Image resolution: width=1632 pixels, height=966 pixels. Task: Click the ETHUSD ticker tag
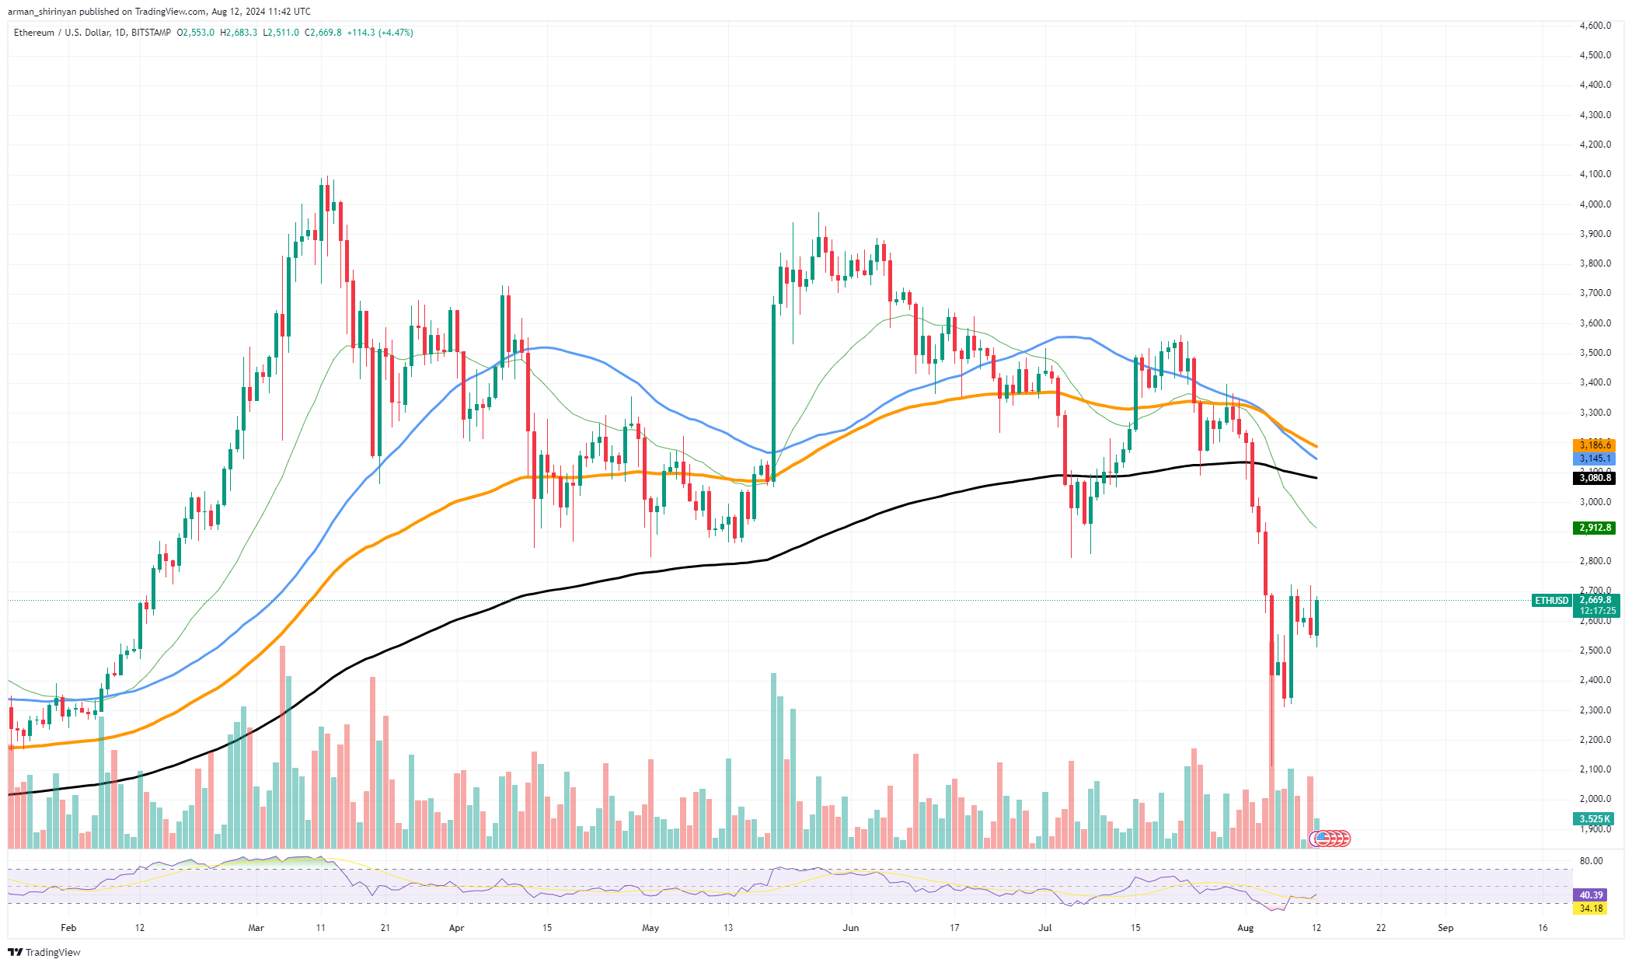tap(1552, 600)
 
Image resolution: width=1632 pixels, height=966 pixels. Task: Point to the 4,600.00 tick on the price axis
tap(1595, 26)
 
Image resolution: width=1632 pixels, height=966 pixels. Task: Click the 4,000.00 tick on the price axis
tap(1595, 204)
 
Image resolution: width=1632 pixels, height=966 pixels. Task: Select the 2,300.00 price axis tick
tap(1595, 710)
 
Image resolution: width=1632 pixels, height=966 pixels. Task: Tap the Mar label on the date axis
tap(256, 927)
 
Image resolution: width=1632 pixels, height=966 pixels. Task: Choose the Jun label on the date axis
tap(851, 927)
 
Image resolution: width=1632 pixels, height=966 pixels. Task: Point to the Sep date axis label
tap(1445, 927)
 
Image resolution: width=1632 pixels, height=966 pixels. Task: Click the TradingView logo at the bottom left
tap(45, 952)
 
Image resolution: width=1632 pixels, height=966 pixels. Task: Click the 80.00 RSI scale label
tap(1591, 861)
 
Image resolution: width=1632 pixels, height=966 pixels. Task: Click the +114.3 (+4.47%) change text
tap(380, 33)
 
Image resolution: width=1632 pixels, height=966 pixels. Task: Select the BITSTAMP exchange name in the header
tap(151, 33)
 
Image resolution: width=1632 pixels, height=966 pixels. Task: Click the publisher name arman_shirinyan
tap(44, 12)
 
